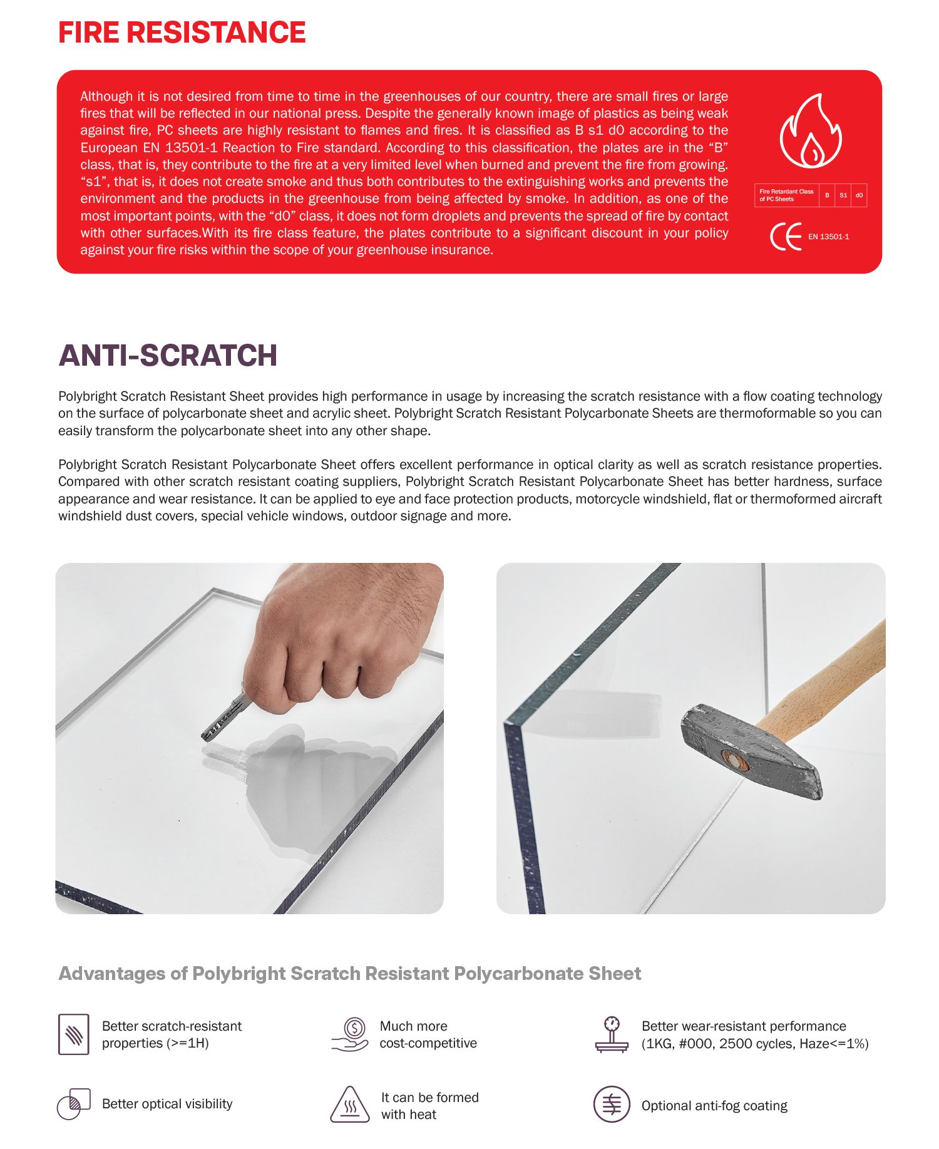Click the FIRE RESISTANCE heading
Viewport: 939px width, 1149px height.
click(x=182, y=33)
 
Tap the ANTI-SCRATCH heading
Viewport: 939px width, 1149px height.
click(x=168, y=356)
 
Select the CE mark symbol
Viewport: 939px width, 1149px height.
click(x=786, y=237)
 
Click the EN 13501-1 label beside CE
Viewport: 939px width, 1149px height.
click(x=828, y=237)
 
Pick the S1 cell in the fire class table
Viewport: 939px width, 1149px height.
click(x=843, y=195)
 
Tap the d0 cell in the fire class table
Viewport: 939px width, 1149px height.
click(x=859, y=195)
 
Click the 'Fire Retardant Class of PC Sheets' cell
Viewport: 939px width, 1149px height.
click(x=786, y=195)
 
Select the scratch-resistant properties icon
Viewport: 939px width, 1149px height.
click(x=74, y=1034)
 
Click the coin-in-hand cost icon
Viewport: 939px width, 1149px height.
click(x=351, y=1034)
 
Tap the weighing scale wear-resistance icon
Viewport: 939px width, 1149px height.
click(x=612, y=1034)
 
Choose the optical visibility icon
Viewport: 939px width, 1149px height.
click(x=73, y=1104)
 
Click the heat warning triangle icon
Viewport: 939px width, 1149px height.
click(x=351, y=1105)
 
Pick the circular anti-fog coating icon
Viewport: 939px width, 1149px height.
click(x=612, y=1105)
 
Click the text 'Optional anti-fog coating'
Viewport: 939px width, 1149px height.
click(x=714, y=1106)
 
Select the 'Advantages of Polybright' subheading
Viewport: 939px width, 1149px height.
click(x=349, y=974)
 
